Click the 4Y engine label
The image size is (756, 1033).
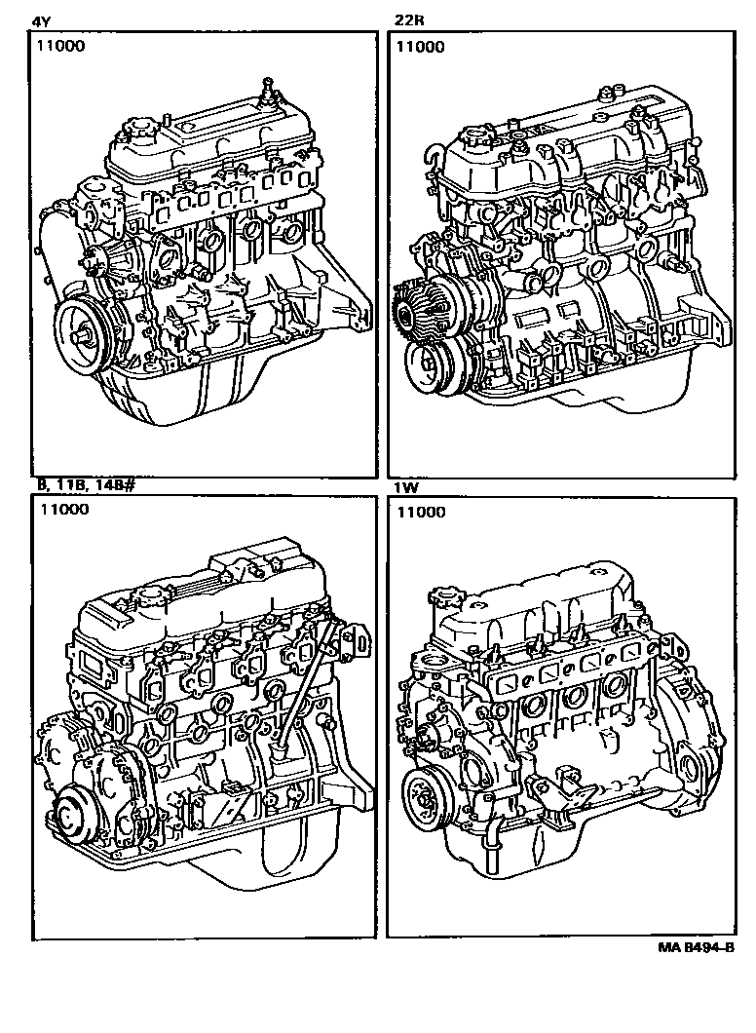41,19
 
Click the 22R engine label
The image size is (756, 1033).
409,19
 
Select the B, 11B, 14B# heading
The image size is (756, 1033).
87,486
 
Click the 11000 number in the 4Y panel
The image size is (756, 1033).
62,46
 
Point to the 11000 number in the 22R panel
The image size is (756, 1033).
421,46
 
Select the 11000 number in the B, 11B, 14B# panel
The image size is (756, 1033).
64,510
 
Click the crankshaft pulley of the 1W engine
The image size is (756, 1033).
426,798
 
